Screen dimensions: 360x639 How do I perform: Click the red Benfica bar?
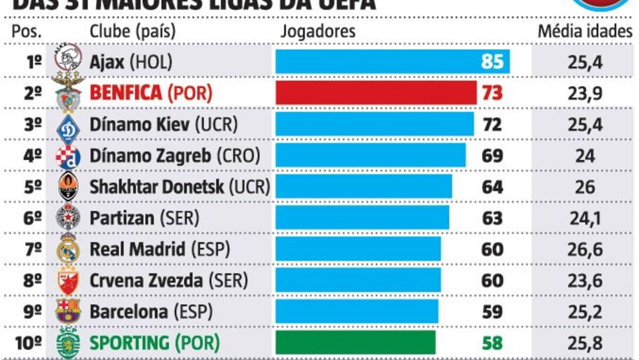pos(376,93)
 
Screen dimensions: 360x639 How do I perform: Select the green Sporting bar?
pos(355,342)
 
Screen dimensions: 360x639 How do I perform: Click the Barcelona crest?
pos(69,311)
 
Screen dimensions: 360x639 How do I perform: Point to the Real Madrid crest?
pos(69,248)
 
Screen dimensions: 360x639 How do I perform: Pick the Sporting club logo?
pos(69,342)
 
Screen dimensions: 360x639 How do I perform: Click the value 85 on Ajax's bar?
pos(491,62)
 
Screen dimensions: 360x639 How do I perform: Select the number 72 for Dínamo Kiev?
pos(491,125)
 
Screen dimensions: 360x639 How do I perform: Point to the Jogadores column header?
pos(317,31)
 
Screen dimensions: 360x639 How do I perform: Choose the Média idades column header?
pos(585,31)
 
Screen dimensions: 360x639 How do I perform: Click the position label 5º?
pos(33,187)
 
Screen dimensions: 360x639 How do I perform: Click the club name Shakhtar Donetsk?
pos(158,187)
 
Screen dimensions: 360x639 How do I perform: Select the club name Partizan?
pos(122,218)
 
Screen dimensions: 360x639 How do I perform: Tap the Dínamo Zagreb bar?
pos(370,156)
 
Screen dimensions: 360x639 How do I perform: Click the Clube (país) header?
pos(133,31)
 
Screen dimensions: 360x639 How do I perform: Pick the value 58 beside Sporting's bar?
pos(491,343)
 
